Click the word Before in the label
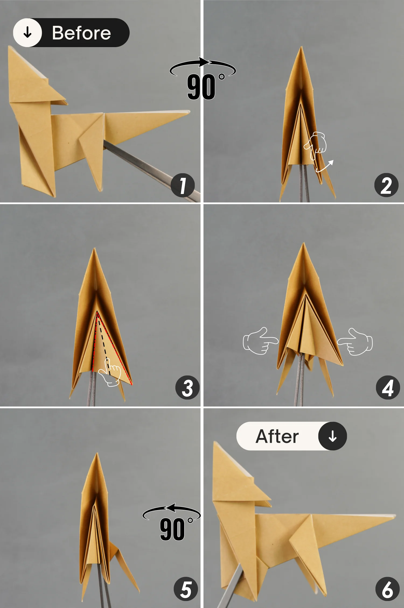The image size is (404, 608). coord(81,33)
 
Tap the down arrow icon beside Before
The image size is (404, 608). coord(27,33)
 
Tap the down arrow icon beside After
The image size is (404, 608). coord(332,436)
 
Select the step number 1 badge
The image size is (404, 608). coord(183,185)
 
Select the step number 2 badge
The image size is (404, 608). coord(386,185)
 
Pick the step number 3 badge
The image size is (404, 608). coord(187,388)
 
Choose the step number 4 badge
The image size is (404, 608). coord(388,388)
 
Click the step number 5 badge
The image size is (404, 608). coord(186,589)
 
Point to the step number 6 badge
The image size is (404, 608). coord(387,589)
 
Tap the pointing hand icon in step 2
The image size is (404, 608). coord(315,145)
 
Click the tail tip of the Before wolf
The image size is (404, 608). coord(189,111)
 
